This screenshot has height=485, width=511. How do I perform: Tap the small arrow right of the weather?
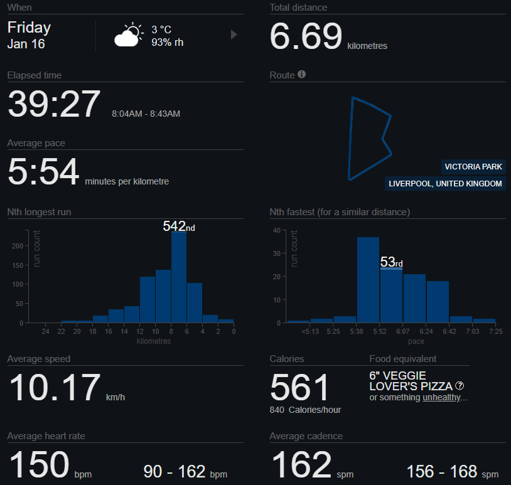pyautogui.click(x=234, y=35)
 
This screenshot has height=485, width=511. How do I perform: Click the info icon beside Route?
pyautogui.click(x=302, y=75)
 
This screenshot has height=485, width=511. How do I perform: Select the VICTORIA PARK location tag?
pyautogui.click(x=473, y=167)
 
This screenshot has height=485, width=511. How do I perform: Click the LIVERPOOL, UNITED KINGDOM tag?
pyautogui.click(x=445, y=184)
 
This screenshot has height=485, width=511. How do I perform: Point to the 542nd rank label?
pyautogui.click(x=178, y=227)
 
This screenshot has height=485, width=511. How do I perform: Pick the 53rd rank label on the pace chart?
pyautogui.click(x=391, y=262)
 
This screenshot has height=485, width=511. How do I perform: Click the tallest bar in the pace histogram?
pyautogui.click(x=368, y=280)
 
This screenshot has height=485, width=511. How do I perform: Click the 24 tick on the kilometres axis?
pyautogui.click(x=45, y=331)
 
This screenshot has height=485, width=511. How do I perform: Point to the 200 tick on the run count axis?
pyautogui.click(x=24, y=246)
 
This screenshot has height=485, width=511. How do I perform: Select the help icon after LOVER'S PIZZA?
pyautogui.click(x=460, y=386)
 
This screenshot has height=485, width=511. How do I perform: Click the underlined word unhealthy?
pyautogui.click(x=443, y=398)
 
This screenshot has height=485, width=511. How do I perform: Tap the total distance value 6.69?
pyautogui.click(x=306, y=36)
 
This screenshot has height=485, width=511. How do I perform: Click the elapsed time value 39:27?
pyautogui.click(x=54, y=104)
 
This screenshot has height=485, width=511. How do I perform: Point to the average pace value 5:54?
pyautogui.click(x=43, y=173)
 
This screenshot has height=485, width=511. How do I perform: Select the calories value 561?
pyautogui.click(x=299, y=388)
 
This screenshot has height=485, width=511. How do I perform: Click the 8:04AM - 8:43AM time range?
pyautogui.click(x=146, y=114)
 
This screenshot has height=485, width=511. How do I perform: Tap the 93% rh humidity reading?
pyautogui.click(x=167, y=43)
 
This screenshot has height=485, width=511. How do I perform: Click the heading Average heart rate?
pyautogui.click(x=46, y=436)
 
